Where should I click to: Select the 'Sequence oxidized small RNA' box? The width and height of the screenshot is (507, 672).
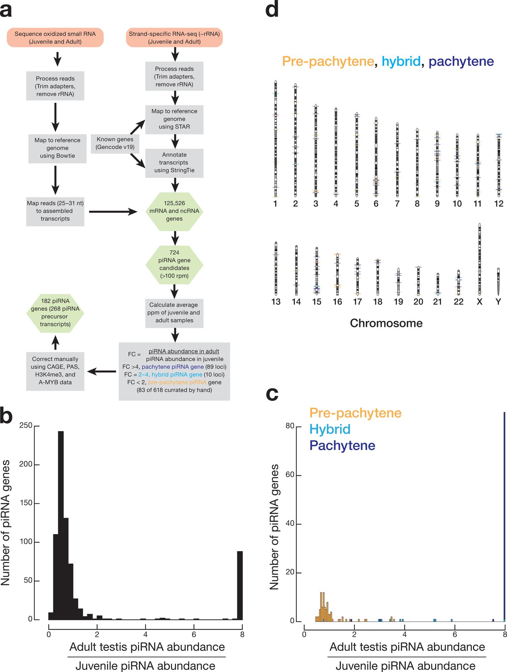[x=55, y=37]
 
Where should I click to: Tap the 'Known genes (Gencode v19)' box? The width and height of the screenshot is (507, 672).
[x=115, y=143]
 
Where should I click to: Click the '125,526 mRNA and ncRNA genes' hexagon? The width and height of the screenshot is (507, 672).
[x=174, y=211]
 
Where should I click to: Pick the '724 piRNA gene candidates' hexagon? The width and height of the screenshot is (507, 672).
[x=174, y=264]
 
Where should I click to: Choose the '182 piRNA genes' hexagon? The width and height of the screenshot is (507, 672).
[x=55, y=313]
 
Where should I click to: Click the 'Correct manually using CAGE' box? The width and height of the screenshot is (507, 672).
[x=55, y=370]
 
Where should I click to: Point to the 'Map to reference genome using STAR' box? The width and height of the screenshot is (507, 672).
[x=174, y=119]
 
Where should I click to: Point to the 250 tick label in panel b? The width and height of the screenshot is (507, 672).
[x=26, y=426]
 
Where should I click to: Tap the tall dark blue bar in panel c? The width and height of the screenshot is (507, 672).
[x=504, y=516]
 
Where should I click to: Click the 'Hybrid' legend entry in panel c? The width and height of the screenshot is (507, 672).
[x=330, y=429]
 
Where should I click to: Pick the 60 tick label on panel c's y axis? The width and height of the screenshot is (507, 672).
[x=290, y=475]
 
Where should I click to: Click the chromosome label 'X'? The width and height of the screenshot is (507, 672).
[x=479, y=302]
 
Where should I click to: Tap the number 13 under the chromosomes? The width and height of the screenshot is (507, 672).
[x=276, y=302]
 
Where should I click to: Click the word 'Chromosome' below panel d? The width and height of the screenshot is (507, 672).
[x=386, y=323]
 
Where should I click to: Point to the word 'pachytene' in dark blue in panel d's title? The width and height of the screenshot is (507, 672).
[x=461, y=61]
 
